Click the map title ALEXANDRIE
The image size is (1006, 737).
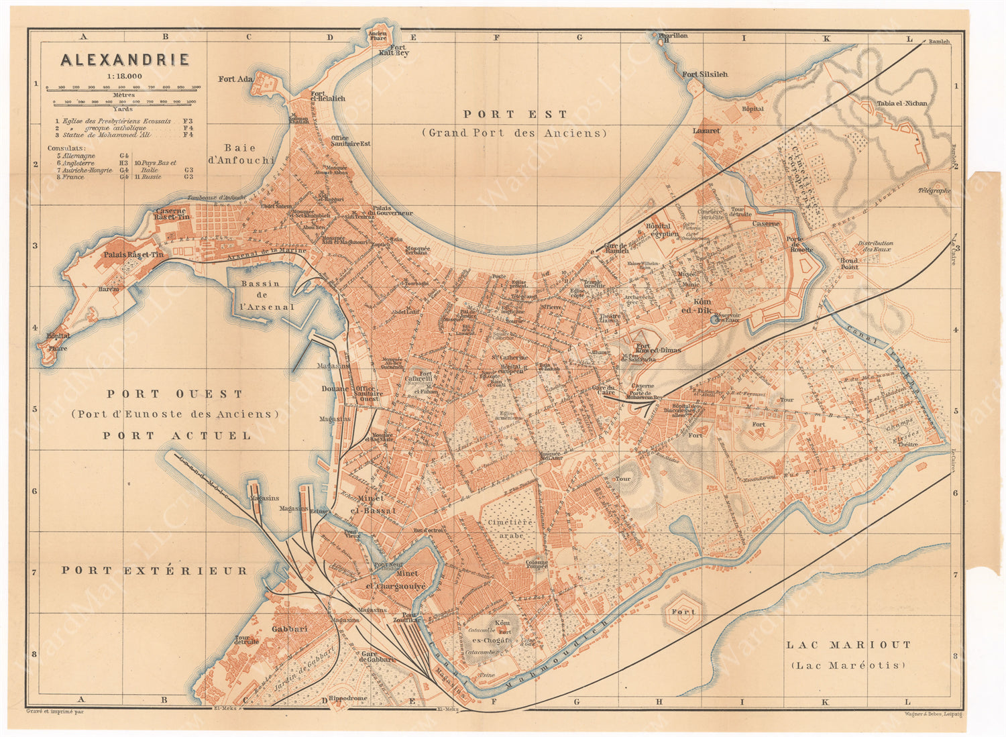click(x=125, y=60)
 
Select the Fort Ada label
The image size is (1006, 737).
click(x=235, y=79)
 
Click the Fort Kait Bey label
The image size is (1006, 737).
click(x=398, y=50)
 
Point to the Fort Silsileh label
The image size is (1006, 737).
click(x=704, y=74)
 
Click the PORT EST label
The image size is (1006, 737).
click(x=514, y=115)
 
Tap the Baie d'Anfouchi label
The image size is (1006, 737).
click(x=249, y=154)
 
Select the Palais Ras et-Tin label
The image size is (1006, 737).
click(x=133, y=255)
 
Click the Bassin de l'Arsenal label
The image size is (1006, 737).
click(x=267, y=295)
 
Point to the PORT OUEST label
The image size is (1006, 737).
click(x=174, y=394)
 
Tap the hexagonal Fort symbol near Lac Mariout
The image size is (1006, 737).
click(x=684, y=612)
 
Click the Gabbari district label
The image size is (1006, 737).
click(x=289, y=629)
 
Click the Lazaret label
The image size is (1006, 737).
click(x=706, y=131)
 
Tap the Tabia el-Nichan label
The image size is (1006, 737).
click(x=902, y=103)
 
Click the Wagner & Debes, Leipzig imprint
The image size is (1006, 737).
click(x=932, y=714)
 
